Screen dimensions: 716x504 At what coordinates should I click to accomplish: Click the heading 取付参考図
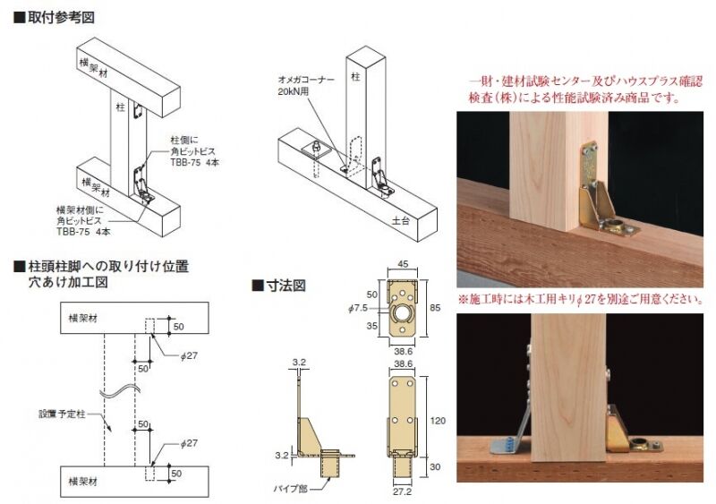[61, 17]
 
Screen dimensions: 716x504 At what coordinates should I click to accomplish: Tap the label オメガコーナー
[306, 80]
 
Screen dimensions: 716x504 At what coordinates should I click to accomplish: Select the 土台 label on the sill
[400, 220]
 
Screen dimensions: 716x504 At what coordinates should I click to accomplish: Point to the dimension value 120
[438, 421]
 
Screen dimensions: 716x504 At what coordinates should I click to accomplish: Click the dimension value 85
[435, 308]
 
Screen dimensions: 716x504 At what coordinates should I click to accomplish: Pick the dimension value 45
[403, 264]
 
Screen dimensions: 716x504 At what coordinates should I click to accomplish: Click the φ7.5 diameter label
[357, 309]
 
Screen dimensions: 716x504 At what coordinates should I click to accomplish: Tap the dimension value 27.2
[402, 491]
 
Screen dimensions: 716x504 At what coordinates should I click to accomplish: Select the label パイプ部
[290, 490]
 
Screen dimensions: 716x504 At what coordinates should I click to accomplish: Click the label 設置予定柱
[62, 414]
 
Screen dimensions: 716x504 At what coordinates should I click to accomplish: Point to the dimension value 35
[372, 326]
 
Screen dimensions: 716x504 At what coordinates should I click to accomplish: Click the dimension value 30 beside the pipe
[435, 467]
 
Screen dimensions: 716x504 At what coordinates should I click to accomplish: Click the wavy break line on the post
[120, 391]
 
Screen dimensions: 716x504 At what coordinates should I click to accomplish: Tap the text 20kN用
[294, 91]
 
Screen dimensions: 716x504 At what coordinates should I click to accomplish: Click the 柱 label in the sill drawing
[355, 77]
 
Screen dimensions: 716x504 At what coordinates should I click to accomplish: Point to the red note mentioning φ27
[580, 299]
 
